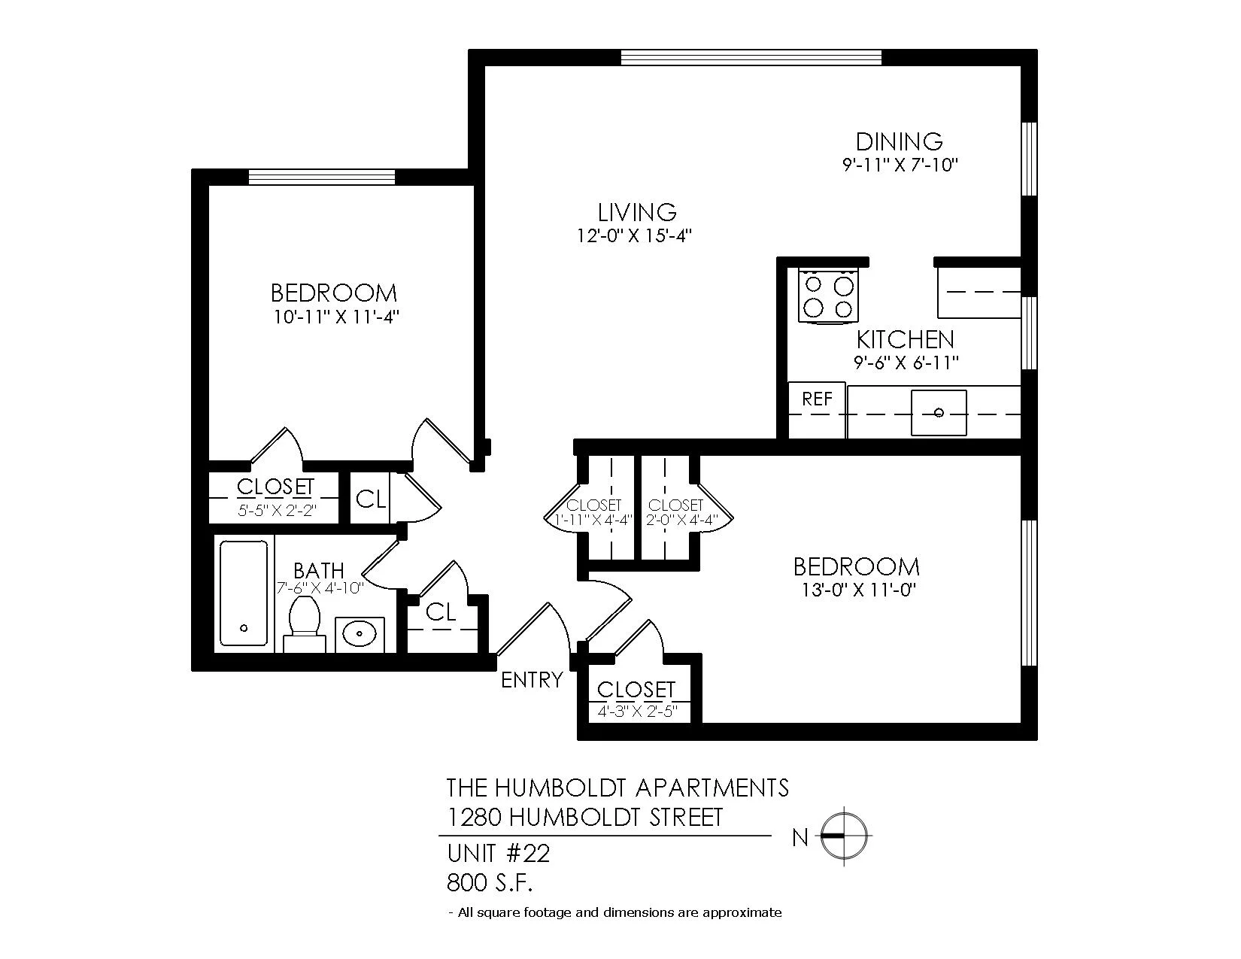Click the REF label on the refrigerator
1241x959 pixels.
pos(817,399)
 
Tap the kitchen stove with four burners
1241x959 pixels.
pos(830,296)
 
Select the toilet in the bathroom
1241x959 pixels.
pos(305,624)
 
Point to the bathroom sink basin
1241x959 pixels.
pos(360,633)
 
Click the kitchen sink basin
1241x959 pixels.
pos(939,412)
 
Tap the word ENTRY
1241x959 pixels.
pos(532,680)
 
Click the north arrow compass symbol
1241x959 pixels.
pos(844,836)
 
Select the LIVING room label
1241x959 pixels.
pos(637,212)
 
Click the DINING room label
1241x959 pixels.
pos(899,141)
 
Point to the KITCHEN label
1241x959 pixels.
pos(906,340)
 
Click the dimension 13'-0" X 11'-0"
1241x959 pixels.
pos(858,590)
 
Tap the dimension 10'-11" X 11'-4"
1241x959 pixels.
pos(335,317)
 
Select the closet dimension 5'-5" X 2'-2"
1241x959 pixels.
pos(277,510)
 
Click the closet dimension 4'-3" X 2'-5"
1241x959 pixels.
pos(637,712)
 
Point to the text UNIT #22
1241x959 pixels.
pos(498,854)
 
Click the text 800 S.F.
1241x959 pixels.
pos(490,883)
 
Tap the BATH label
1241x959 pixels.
pos(319,570)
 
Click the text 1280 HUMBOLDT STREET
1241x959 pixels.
pos(585,818)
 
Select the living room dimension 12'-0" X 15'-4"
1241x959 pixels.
pos(634,236)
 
